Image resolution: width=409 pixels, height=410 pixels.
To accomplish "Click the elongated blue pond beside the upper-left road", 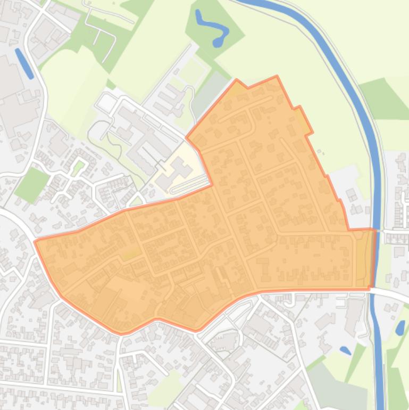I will click(24, 63).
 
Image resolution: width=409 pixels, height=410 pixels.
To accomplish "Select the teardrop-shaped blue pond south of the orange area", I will click(345, 350).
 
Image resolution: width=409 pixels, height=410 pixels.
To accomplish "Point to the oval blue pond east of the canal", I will click(400, 327).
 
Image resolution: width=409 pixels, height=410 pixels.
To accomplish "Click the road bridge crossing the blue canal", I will click(376, 289).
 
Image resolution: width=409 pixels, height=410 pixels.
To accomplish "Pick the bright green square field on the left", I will click(31, 184).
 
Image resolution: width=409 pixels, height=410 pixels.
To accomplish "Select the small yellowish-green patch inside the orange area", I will click(129, 255).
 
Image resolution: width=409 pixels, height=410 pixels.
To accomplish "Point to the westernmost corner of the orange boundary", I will click(35, 242).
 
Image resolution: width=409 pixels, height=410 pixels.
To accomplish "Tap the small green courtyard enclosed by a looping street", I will click(79, 168).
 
